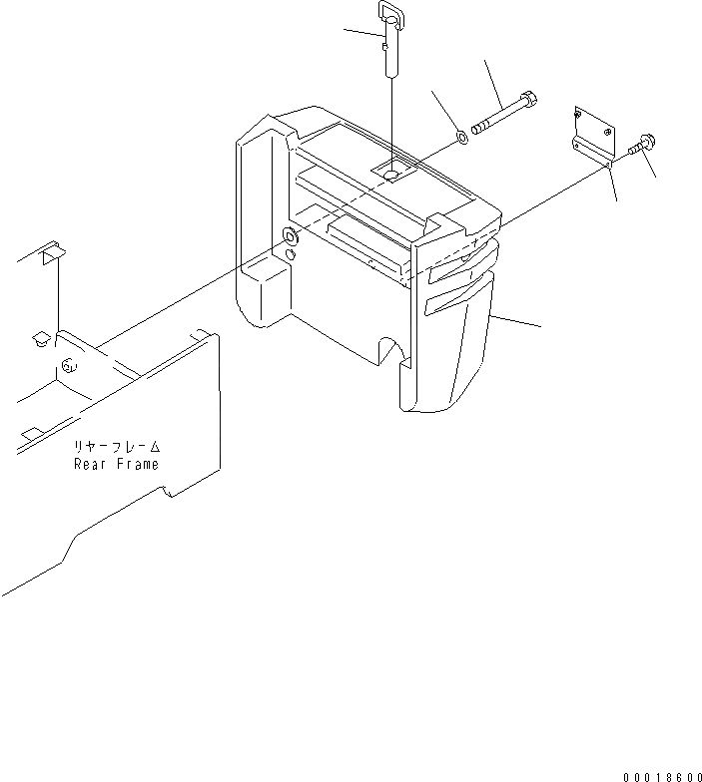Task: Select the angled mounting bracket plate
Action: click(596, 135)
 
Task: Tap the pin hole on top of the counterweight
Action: click(392, 175)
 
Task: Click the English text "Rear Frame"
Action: click(116, 464)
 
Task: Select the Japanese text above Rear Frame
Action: click(116, 448)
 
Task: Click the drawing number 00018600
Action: click(660, 776)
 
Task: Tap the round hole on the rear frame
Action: click(68, 365)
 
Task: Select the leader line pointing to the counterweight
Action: click(517, 320)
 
